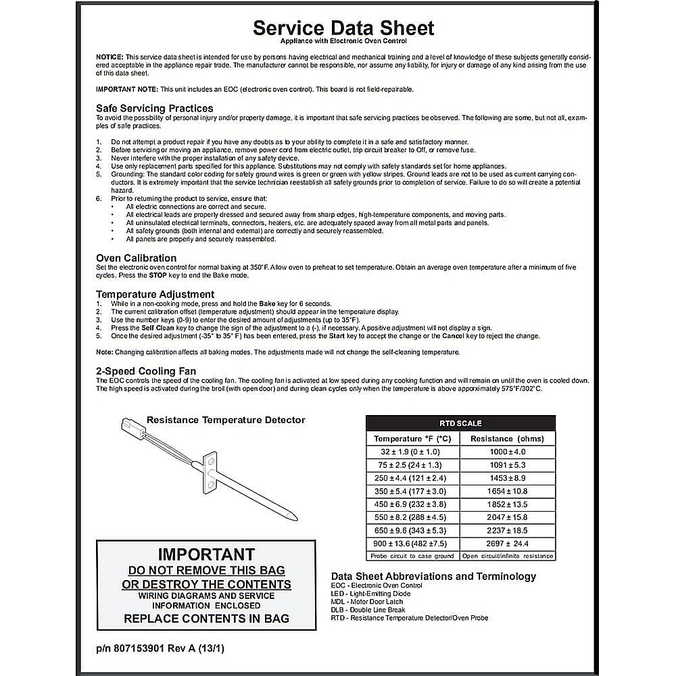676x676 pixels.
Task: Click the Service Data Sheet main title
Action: pyautogui.click(x=343, y=28)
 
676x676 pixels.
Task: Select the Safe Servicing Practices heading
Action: pyautogui.click(x=154, y=108)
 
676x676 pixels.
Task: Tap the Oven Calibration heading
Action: pyautogui.click(x=136, y=258)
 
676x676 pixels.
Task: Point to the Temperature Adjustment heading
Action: pyautogui.click(x=155, y=295)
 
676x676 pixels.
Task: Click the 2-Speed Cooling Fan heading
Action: pyautogui.click(x=146, y=371)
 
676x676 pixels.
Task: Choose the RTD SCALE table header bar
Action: pyautogui.click(x=460, y=423)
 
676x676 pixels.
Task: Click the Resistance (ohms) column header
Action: pyautogui.click(x=507, y=439)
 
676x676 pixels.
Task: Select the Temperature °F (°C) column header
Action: pyautogui.click(x=412, y=439)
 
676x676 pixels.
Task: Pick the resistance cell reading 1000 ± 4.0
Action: pyautogui.click(x=507, y=452)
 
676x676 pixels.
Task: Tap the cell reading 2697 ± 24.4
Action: pyautogui.click(x=507, y=544)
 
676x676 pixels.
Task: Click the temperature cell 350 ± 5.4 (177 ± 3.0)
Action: pyautogui.click(x=412, y=491)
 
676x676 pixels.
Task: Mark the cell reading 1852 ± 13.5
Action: pyautogui.click(x=507, y=504)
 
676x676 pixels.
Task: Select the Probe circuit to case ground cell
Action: pyautogui.click(x=412, y=556)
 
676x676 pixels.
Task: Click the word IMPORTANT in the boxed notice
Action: pyautogui.click(x=206, y=554)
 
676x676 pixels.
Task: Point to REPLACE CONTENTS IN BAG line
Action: pyautogui.click(x=206, y=618)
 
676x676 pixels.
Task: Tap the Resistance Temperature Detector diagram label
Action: pyautogui.click(x=226, y=420)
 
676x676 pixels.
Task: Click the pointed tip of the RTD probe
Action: pyautogui.click(x=294, y=518)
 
